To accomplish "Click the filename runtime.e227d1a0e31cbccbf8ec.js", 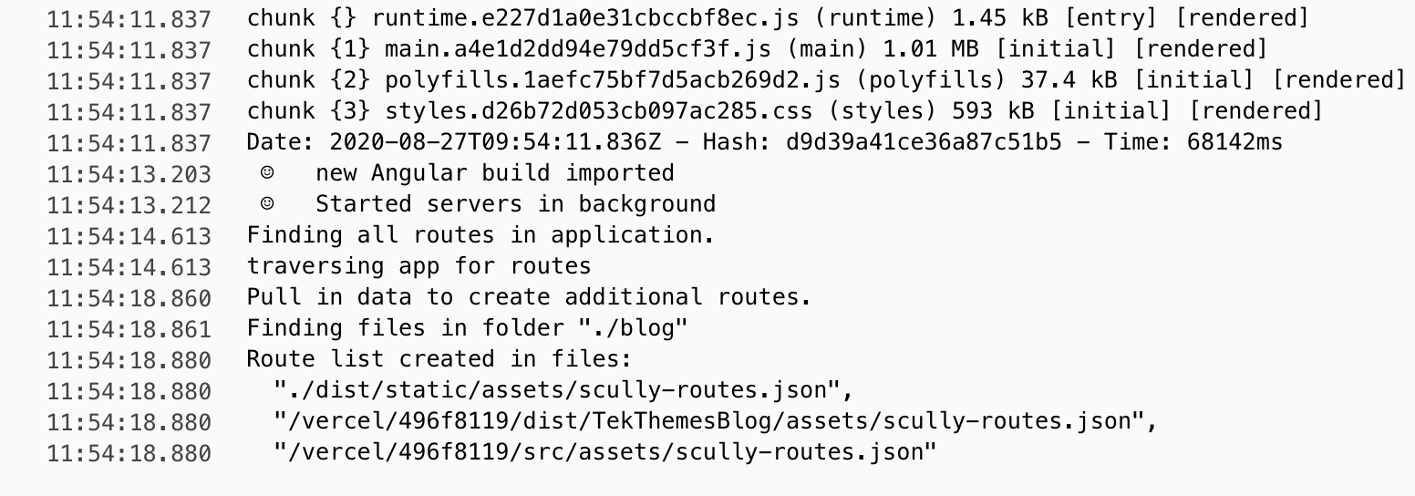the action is pos(585,18).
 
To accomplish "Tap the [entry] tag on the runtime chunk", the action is pos(1111,17).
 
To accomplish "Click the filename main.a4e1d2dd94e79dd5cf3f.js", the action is pos(578,49).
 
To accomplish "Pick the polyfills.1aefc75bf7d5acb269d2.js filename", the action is pos(613,80).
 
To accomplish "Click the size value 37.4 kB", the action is pos(1069,79).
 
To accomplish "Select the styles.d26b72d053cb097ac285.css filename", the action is pos(599,111).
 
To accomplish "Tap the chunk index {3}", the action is pos(350,111).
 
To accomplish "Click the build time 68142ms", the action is pos(1234,142).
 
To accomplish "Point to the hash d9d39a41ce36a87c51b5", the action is pos(924,142).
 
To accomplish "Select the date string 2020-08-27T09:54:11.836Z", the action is pos(495,142).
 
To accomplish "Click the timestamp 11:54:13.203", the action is pos(129,174).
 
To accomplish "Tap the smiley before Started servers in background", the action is pos(267,203).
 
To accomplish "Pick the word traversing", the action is pos(315,266).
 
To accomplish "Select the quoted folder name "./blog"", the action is pos(633,328).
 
